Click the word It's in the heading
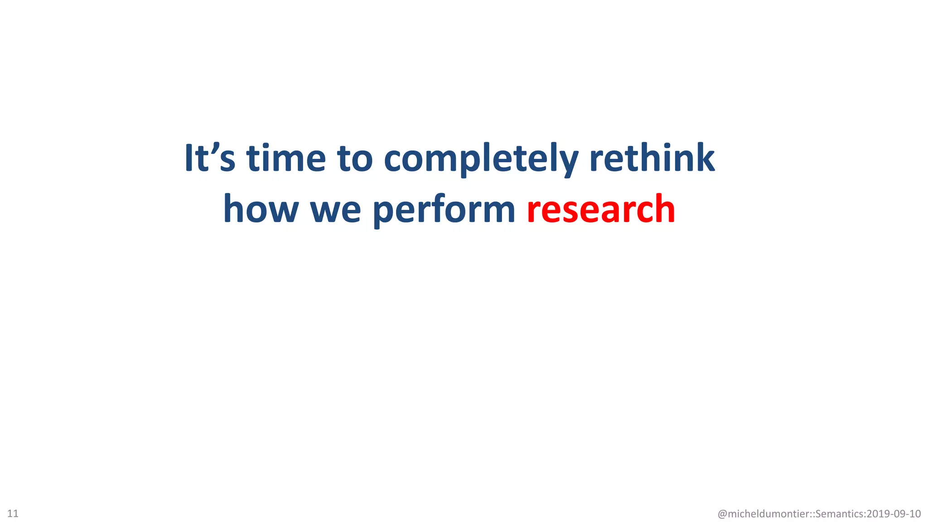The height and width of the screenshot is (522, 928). coord(210,158)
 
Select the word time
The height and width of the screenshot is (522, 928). coord(286,158)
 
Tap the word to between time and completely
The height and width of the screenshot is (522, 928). coord(355,158)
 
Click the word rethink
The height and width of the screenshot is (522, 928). coord(652,158)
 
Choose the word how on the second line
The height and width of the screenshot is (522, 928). coord(261,209)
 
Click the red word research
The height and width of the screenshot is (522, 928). coord(601,209)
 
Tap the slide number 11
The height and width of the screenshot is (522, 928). coord(13,513)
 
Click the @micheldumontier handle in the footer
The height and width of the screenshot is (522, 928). coord(764,514)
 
